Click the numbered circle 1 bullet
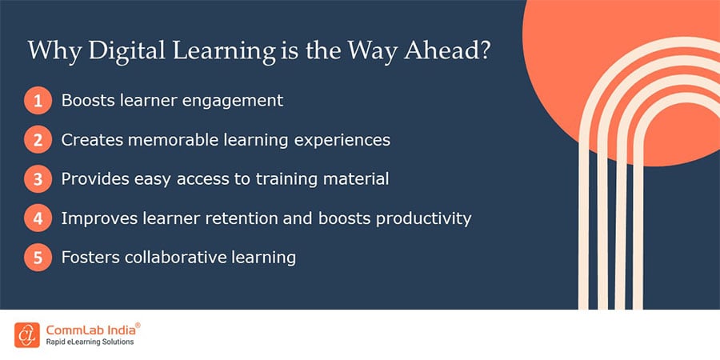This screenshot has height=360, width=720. (37, 102)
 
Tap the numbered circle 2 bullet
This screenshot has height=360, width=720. (37, 140)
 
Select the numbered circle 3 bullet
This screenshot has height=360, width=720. (37, 179)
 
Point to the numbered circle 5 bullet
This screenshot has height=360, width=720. (37, 258)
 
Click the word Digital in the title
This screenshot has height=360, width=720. (120, 51)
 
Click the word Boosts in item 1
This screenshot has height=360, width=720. (86, 101)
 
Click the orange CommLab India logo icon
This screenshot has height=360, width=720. (26, 334)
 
